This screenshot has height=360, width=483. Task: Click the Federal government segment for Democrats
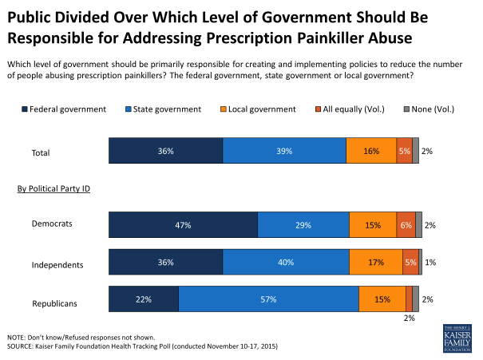coord(183,225)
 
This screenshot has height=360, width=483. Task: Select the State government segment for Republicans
coord(268,299)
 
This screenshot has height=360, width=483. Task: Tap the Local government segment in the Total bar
coord(371,150)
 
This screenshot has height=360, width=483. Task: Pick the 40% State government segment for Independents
coord(286,263)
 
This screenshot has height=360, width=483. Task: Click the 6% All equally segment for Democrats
coord(406,225)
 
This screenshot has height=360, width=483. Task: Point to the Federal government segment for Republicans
coord(143,299)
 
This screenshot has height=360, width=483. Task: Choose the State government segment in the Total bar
coord(284,150)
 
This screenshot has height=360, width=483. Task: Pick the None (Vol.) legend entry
coord(435,109)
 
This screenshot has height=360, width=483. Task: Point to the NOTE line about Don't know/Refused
coord(80,337)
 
